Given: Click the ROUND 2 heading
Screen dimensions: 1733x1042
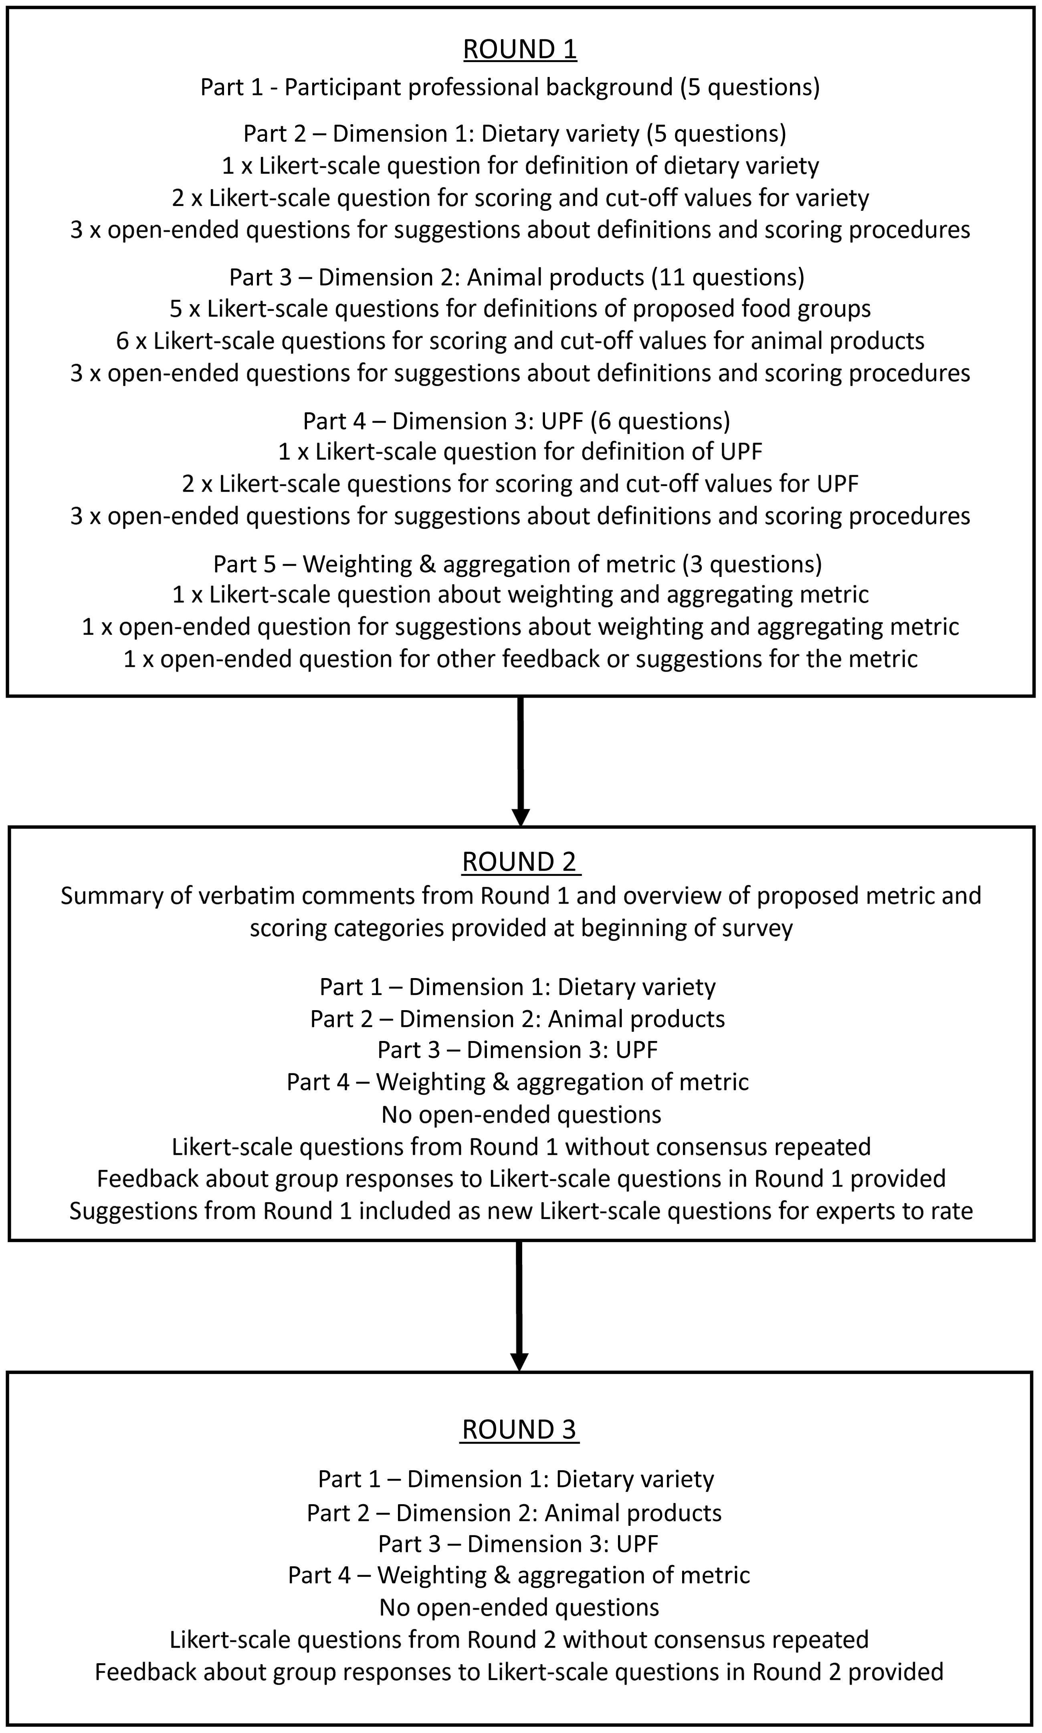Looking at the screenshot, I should click(x=519, y=862).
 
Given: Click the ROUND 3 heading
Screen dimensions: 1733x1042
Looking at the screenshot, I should click(x=519, y=1430).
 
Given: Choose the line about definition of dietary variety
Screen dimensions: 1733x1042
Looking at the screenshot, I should click(x=520, y=166).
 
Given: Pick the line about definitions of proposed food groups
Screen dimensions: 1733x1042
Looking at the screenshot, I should click(x=520, y=309).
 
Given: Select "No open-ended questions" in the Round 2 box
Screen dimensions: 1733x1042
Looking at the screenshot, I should click(x=521, y=1115).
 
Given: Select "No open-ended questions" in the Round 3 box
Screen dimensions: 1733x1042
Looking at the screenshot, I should click(x=519, y=1607).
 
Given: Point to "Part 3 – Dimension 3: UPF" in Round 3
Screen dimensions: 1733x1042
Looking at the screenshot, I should click(x=518, y=1543).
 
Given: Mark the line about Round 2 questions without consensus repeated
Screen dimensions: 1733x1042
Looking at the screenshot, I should click(x=519, y=1640).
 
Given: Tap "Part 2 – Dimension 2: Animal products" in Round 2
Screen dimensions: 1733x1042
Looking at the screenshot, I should click(x=517, y=1019).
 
